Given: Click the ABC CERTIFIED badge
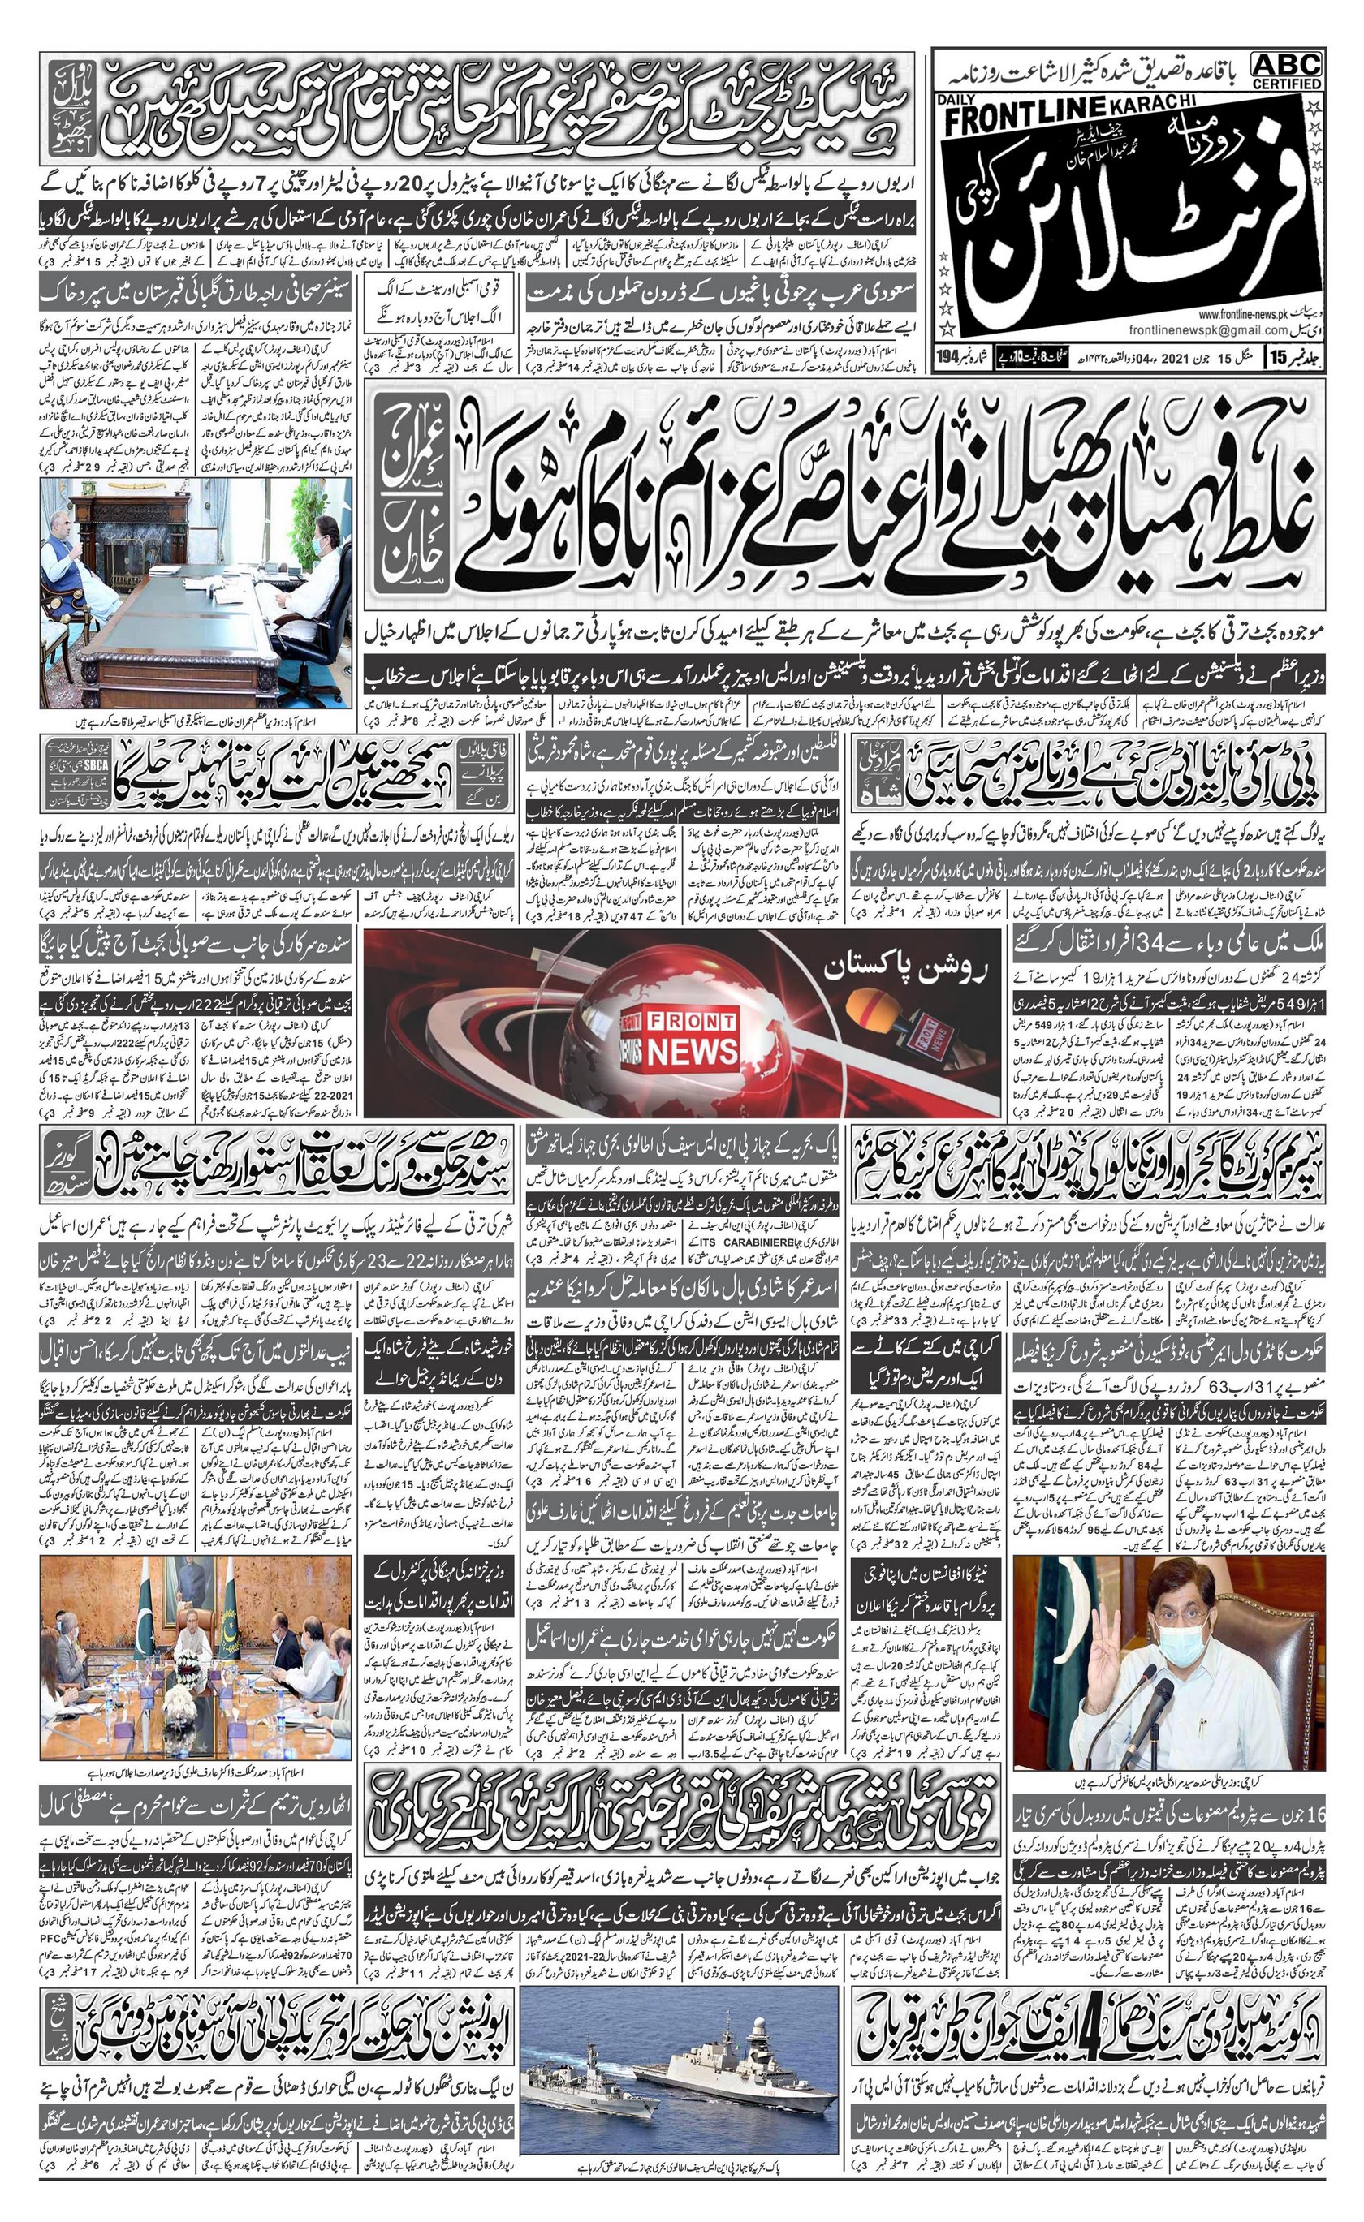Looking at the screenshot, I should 1288,71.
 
